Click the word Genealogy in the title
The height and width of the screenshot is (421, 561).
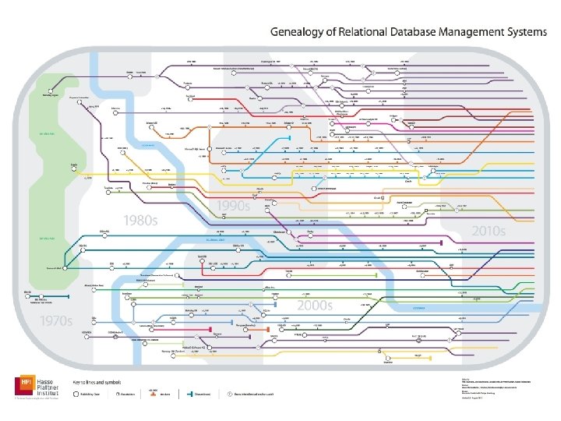pyautogui.click(x=298, y=33)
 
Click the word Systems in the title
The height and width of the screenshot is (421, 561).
pyautogui.click(x=533, y=33)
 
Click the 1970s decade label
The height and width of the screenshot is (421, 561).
pyautogui.click(x=56, y=320)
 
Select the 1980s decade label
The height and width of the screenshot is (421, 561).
pyautogui.click(x=136, y=221)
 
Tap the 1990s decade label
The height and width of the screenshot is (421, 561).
pyautogui.click(x=233, y=206)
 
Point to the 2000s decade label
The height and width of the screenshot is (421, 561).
pyautogui.click(x=314, y=306)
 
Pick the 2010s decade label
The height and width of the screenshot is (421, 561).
pyautogui.click(x=489, y=232)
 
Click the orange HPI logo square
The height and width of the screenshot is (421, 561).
pyautogui.click(x=24, y=384)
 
